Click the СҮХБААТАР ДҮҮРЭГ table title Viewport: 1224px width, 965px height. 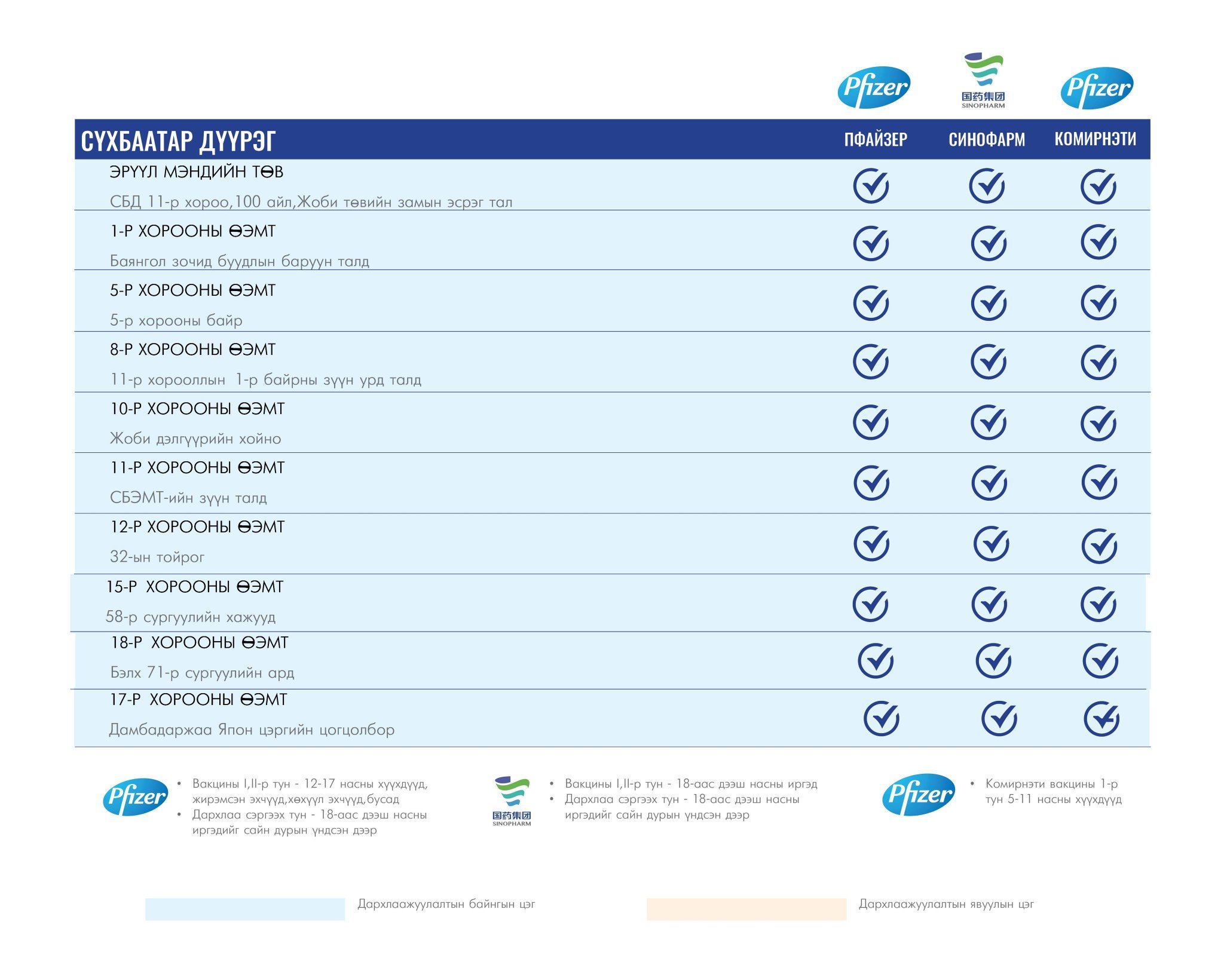[x=178, y=141]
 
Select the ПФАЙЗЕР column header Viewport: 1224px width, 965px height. [x=876, y=139]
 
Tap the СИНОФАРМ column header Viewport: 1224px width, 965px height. [x=987, y=139]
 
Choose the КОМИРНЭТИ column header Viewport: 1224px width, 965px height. [x=1096, y=139]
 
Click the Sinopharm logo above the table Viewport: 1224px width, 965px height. [x=984, y=81]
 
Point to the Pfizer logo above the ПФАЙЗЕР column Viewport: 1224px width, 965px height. [x=874, y=87]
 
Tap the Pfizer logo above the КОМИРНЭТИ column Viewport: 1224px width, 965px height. [x=1097, y=88]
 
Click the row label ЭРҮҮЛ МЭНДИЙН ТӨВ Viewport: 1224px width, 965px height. [x=197, y=172]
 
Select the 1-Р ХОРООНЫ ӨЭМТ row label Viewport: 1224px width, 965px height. [x=192, y=231]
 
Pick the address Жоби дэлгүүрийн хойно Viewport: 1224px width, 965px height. [x=195, y=439]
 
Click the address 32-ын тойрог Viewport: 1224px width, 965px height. [x=157, y=557]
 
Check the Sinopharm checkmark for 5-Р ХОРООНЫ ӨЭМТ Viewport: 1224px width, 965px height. [x=989, y=302]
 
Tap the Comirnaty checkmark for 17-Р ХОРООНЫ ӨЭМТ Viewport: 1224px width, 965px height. [x=1102, y=718]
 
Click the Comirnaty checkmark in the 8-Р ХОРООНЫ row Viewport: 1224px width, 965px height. [x=1099, y=362]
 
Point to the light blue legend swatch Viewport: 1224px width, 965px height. [x=245, y=909]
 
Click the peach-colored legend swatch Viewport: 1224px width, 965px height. [x=746, y=909]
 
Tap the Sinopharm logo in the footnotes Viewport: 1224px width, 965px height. [x=512, y=801]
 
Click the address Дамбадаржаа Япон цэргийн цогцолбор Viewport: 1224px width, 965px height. [x=252, y=730]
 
